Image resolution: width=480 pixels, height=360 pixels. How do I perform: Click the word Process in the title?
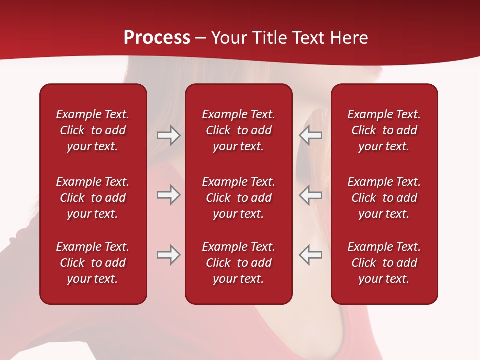pos(157,38)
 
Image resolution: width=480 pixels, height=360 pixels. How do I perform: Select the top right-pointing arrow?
pos(168,135)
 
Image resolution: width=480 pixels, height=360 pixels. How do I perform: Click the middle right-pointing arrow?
pos(168,195)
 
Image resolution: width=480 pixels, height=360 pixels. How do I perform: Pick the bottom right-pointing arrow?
pos(168,255)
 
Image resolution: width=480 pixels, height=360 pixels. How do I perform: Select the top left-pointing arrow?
pos(311,135)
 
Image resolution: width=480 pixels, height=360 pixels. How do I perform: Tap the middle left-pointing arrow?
pos(311,195)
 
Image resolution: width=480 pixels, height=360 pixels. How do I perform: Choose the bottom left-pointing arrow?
pos(311,255)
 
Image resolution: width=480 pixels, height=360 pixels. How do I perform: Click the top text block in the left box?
pos(93,130)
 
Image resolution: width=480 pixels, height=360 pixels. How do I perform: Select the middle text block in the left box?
pos(93,198)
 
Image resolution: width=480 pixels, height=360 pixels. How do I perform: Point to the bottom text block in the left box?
pos(93,263)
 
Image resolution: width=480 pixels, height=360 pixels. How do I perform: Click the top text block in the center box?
pos(238,130)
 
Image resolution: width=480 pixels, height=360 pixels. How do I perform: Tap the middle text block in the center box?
pos(238,198)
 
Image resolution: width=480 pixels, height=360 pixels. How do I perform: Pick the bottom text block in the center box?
pos(238,263)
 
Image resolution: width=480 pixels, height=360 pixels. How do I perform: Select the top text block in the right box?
pos(384,130)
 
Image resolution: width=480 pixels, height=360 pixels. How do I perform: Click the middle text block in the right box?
pos(384,198)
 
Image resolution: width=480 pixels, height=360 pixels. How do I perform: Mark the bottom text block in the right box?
pos(384,263)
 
